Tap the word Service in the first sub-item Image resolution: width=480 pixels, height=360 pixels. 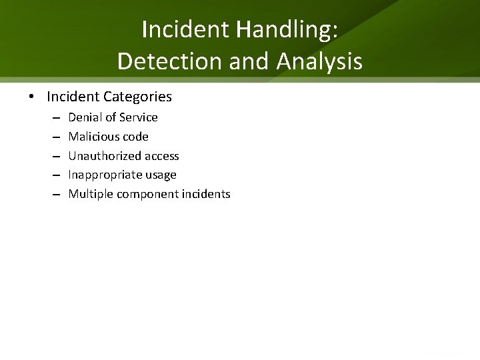tap(138, 117)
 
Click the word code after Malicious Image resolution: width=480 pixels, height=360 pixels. tap(136, 137)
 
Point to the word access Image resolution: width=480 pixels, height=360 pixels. tap(162, 156)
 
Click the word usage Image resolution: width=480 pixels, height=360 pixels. tap(162, 175)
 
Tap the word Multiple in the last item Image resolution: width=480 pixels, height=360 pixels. tap(91, 194)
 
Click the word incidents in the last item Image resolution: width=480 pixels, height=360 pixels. tap(205, 194)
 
